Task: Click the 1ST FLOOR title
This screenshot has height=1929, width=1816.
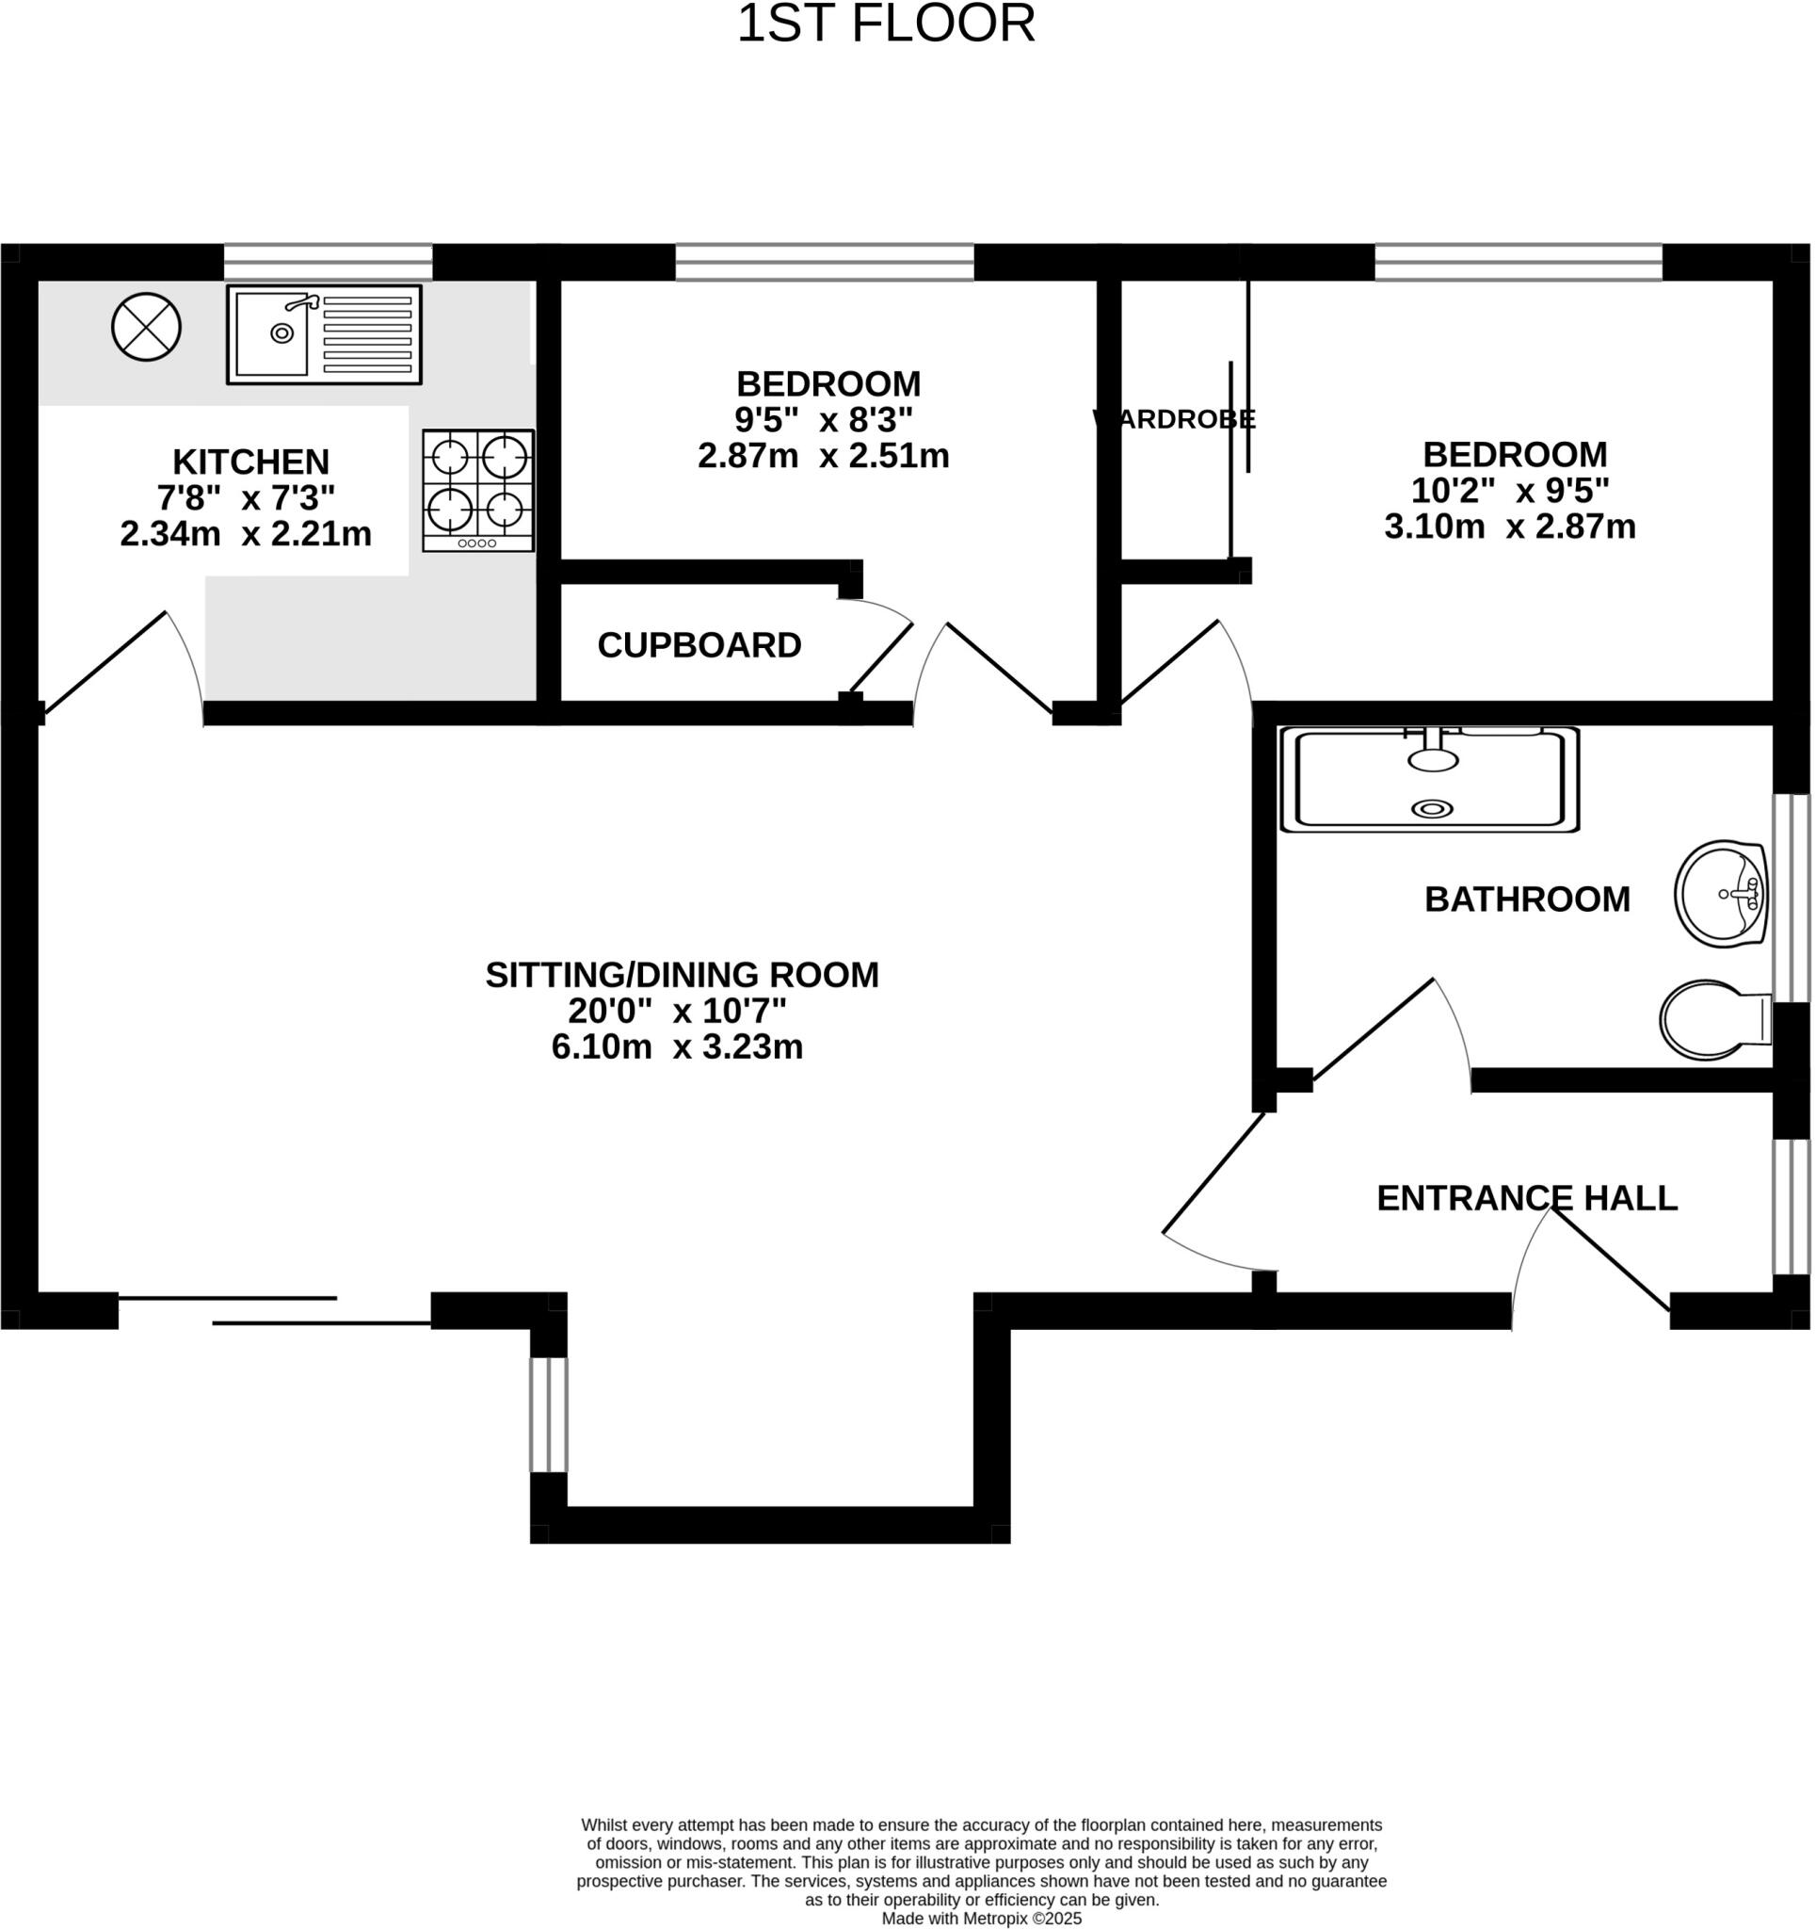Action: [886, 24]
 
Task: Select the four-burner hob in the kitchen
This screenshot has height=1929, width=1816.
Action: [478, 491]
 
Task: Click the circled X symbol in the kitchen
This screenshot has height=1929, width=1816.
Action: [147, 328]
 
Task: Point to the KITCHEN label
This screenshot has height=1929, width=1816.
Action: [251, 461]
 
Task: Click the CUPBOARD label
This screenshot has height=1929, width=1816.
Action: [699, 645]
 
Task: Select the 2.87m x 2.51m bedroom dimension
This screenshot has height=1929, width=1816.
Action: [824, 456]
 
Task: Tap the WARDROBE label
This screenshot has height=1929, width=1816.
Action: [1175, 419]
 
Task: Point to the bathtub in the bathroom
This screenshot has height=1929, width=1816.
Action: [1430, 780]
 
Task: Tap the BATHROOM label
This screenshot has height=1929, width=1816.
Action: [1527, 900]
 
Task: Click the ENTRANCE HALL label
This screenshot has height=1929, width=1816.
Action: [1527, 1198]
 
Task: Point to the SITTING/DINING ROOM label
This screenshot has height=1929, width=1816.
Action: [682, 974]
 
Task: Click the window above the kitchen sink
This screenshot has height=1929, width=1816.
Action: [328, 262]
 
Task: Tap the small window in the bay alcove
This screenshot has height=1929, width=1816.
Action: [548, 1415]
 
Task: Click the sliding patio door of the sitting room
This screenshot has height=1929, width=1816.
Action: [274, 1310]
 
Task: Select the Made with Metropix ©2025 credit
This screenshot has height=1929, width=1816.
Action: [981, 1919]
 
